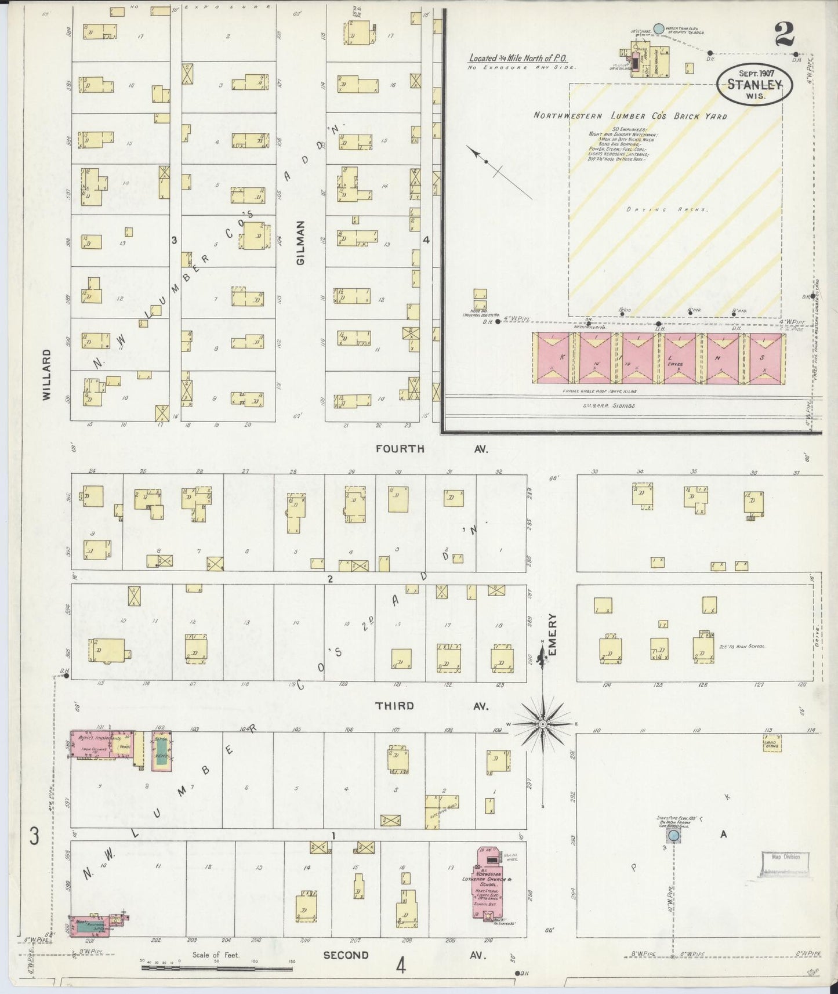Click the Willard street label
coord(46,375)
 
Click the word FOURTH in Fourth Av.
coord(400,448)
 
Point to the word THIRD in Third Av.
coord(394,706)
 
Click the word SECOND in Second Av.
coord(346,955)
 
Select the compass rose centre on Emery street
coord(542,724)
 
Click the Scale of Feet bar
coord(217,968)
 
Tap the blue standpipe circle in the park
coord(673,836)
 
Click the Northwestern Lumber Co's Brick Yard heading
coord(630,115)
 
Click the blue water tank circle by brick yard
coord(659,28)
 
